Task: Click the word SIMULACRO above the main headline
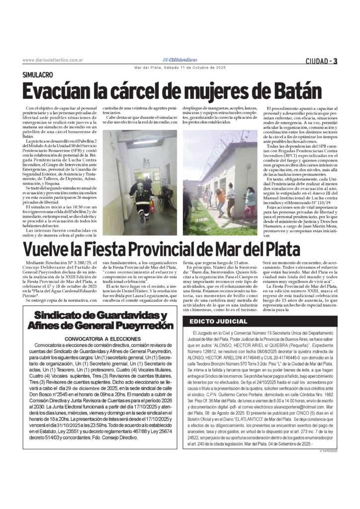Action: pos(38,74)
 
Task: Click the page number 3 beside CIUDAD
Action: pos(336,61)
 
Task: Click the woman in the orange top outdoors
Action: pos(220,196)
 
